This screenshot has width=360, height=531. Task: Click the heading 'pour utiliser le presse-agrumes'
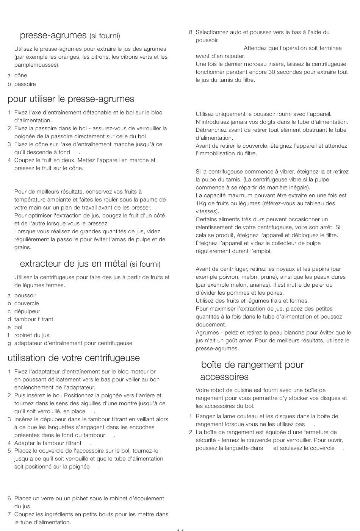pyautogui.click(x=71, y=99)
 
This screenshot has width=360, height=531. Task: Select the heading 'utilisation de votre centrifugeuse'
pyautogui.click(x=74, y=358)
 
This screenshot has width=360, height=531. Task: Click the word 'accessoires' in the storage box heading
pyautogui.click(x=224, y=377)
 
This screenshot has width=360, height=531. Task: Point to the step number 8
pyautogui.click(x=191, y=33)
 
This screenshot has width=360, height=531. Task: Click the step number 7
pyautogui.click(x=9, y=514)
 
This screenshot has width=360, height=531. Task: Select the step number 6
pyautogui.click(x=9, y=498)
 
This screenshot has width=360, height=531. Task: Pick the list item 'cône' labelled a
pyautogui.click(x=20, y=76)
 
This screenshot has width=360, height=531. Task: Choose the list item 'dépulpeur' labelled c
pyautogui.click(x=27, y=311)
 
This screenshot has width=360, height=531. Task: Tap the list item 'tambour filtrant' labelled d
pyautogui.click(x=34, y=319)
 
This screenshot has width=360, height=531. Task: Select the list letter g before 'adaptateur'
pyautogui.click(x=9, y=344)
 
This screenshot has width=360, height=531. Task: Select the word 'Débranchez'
pyautogui.click(x=210, y=130)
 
